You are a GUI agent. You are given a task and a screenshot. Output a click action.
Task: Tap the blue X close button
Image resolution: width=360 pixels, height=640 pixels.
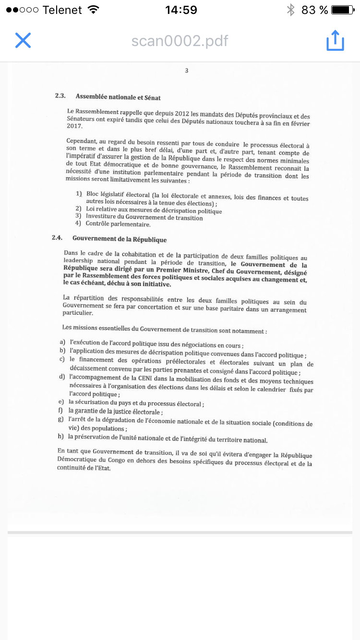point(23,40)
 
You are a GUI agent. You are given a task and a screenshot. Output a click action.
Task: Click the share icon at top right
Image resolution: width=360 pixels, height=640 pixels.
point(335,40)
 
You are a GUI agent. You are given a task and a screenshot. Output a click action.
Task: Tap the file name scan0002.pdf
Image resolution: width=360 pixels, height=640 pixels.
point(180,41)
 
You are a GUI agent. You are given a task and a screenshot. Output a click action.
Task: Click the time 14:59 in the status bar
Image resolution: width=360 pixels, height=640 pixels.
point(180,10)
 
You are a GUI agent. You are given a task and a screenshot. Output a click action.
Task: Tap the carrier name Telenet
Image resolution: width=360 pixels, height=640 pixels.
point(62,10)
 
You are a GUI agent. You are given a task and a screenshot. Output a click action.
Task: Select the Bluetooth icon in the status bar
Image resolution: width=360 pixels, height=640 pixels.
point(290,10)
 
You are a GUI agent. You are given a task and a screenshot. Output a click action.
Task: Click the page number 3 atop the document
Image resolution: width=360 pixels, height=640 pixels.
point(186,71)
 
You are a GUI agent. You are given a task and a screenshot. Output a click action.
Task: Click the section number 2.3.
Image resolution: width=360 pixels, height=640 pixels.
point(60,96)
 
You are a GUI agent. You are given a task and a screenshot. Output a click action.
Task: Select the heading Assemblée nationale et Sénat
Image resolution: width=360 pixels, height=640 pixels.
point(118,97)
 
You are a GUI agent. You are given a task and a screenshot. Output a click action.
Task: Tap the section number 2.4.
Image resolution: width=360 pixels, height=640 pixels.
point(57,237)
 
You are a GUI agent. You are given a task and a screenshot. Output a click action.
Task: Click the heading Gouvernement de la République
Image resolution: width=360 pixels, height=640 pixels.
point(120,239)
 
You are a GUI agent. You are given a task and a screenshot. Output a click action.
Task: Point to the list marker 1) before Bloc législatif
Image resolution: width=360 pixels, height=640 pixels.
point(79,193)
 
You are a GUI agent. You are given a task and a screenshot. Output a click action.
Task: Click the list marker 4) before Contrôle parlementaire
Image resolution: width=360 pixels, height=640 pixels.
point(78,223)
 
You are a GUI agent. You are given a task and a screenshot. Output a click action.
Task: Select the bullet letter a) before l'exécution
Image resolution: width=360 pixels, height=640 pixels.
point(62,342)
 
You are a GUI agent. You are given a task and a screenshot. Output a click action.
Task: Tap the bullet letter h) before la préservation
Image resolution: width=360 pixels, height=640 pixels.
point(60,436)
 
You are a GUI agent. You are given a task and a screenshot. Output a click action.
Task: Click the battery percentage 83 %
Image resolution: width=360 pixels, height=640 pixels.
point(314,10)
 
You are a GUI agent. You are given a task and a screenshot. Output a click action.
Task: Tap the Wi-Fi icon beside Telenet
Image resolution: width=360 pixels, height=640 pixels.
point(94,10)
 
